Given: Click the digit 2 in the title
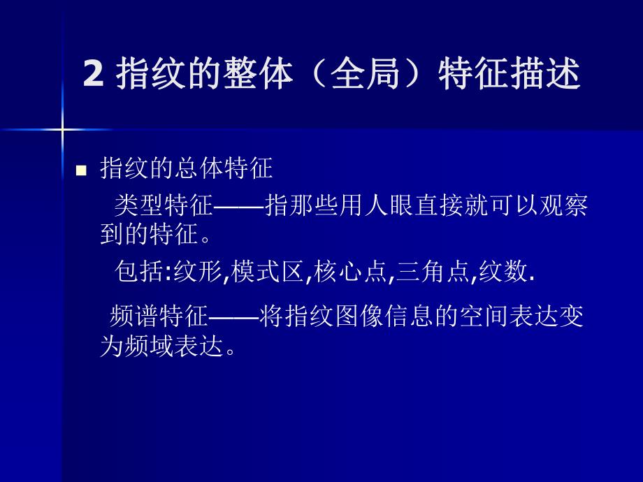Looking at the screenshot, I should pyautogui.click(x=92, y=75).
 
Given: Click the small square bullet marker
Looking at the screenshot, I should pyautogui.click(x=81, y=170).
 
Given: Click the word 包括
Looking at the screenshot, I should pyautogui.click(x=138, y=272).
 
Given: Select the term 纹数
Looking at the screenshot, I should pyautogui.click(x=505, y=272).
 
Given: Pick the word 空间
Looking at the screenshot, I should pyautogui.click(x=483, y=316).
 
